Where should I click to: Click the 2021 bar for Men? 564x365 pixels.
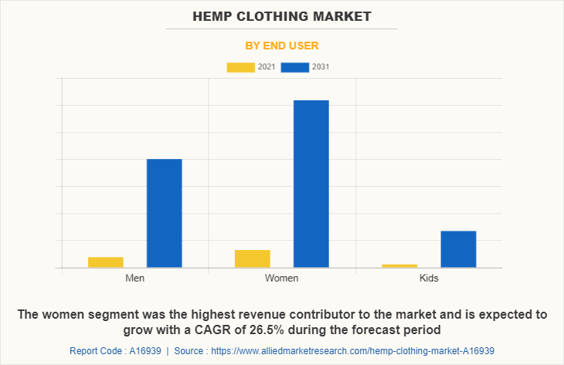[105, 262]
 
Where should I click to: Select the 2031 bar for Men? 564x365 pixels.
[164, 213]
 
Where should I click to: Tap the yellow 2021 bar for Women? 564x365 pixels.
[252, 259]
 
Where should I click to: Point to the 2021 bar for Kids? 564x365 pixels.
[399, 265]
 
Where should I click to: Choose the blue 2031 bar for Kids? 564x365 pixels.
[458, 249]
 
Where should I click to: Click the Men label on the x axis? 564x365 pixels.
[134, 278]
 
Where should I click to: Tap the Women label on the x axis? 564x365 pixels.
[281, 278]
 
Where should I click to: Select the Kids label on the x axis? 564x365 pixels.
[428, 278]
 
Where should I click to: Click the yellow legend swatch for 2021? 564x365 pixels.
[240, 67]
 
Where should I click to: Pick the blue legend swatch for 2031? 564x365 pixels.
[294, 67]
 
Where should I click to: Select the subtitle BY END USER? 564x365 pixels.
[282, 46]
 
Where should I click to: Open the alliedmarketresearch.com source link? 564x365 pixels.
[352, 350]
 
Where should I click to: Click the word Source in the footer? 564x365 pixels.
[189, 350]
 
